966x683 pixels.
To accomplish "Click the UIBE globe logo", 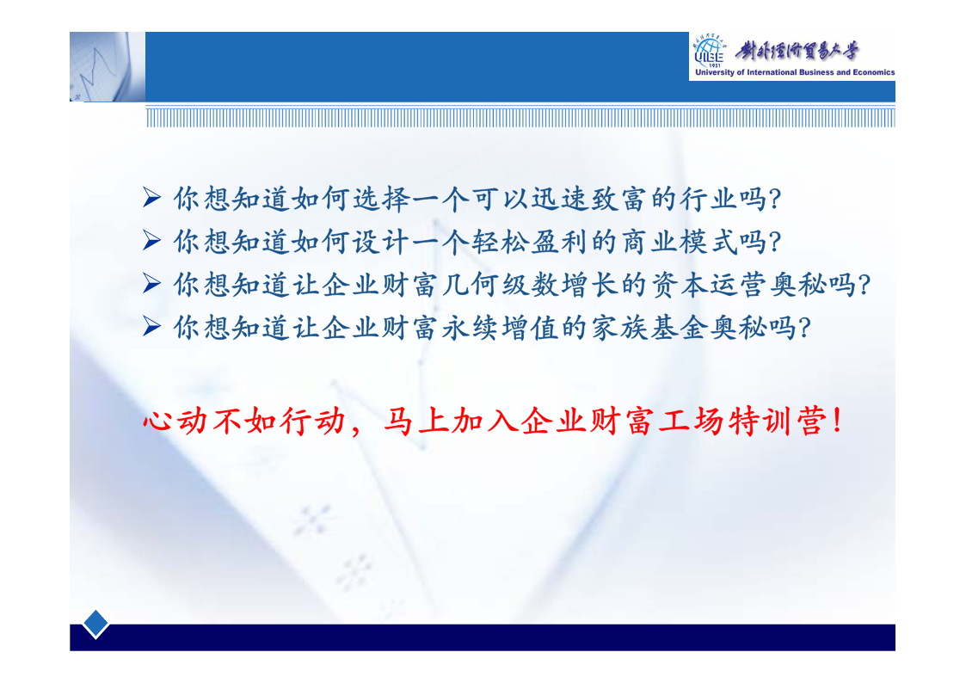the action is [709, 52].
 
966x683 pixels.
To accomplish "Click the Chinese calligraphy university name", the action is [797, 51].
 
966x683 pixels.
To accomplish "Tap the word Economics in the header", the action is [874, 72].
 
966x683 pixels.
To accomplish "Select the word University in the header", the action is [715, 72].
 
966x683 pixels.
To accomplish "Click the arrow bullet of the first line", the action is [151, 198].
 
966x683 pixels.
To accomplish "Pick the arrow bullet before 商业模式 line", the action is [151, 240].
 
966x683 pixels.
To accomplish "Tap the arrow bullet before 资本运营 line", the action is [151, 283].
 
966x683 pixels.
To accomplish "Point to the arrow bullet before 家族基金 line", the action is [151, 326].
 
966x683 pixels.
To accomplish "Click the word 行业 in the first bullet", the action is [708, 199].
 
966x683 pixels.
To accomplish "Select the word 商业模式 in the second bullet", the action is [680, 242].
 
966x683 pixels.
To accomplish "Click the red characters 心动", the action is [175, 421].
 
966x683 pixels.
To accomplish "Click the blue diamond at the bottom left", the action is [95, 624].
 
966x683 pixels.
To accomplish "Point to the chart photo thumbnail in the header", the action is [108, 66].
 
